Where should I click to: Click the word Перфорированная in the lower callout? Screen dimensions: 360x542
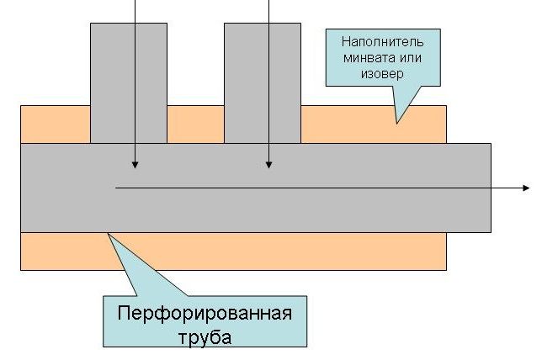[205, 315]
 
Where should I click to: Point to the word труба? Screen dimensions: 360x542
[205, 338]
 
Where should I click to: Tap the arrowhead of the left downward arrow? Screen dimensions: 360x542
[135, 163]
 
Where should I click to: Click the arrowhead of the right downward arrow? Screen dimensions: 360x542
[268, 163]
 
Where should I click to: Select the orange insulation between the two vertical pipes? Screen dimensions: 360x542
[195, 124]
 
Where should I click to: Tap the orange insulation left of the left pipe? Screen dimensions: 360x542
[55, 124]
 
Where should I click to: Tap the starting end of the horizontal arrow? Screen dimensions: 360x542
[116, 188]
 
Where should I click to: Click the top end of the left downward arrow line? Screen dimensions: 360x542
[135, 2]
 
